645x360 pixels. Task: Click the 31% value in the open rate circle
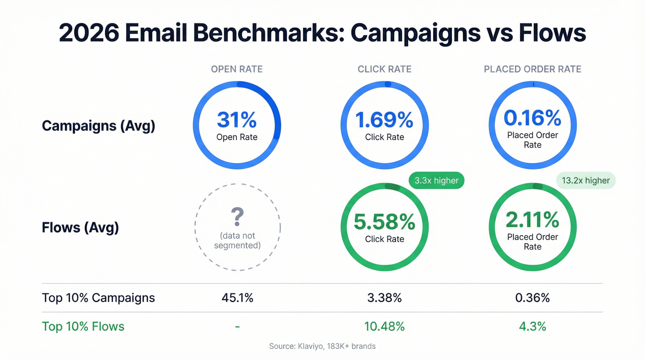pos(236,120)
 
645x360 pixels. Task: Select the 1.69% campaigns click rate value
pos(384,120)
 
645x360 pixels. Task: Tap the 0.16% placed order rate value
pos(532,118)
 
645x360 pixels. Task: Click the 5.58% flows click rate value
pos(384,222)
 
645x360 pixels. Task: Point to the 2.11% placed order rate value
pos(532,220)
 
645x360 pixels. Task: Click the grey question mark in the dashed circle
pos(237,216)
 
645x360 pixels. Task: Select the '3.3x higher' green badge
pos(436,180)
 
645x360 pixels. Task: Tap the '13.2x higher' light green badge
pos(586,180)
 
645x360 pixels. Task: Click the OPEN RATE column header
pos(237,69)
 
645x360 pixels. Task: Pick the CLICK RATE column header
pos(384,69)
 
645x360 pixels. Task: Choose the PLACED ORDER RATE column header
pos(532,69)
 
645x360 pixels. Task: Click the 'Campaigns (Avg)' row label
pos(99,126)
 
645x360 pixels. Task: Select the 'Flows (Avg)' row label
pos(80,227)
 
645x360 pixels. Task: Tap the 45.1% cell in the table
pos(237,298)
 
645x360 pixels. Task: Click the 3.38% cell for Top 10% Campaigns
pos(384,298)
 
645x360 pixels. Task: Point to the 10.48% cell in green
pos(384,326)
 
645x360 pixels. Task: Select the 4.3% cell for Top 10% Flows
pos(532,326)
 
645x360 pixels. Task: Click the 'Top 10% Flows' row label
pos(83,326)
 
